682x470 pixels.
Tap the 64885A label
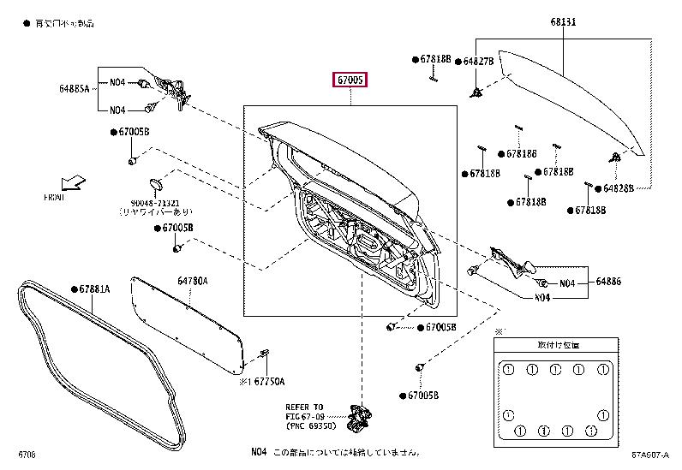(75, 87)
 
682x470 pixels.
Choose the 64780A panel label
(193, 280)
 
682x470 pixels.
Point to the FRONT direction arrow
(73, 182)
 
